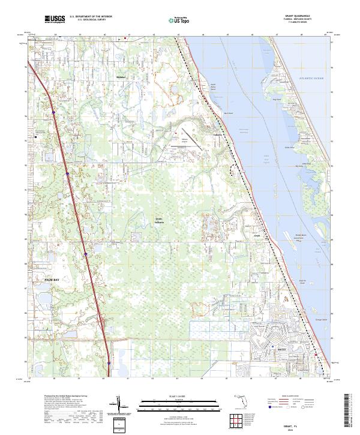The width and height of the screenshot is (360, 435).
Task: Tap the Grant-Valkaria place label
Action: click(160, 220)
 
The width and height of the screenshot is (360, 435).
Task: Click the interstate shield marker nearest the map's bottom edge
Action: click(109, 363)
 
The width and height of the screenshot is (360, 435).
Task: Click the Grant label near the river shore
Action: click(256, 236)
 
